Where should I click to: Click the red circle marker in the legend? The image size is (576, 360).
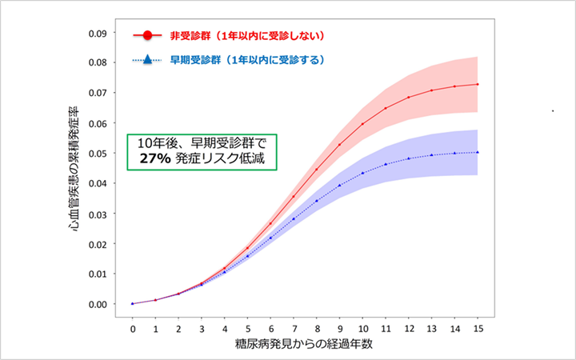(147, 37)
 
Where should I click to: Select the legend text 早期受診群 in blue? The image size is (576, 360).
(194, 61)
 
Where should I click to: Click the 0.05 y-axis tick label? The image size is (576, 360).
(98, 154)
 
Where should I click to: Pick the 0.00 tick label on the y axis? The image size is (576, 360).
(98, 304)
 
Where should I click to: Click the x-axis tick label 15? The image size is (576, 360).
(478, 327)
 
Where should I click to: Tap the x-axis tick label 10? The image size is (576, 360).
(362, 327)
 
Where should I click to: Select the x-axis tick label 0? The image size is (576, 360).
(133, 327)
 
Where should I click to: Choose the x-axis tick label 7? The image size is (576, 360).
(294, 327)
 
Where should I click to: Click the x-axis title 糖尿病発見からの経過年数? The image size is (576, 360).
(305, 345)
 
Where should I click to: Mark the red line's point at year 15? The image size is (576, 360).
(478, 84)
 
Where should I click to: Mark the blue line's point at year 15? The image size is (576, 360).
(478, 152)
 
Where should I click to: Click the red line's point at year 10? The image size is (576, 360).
(362, 124)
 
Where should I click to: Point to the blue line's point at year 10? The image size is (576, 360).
(362, 172)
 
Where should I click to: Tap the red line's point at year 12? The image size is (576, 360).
(409, 98)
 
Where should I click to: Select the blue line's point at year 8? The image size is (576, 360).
(317, 200)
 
